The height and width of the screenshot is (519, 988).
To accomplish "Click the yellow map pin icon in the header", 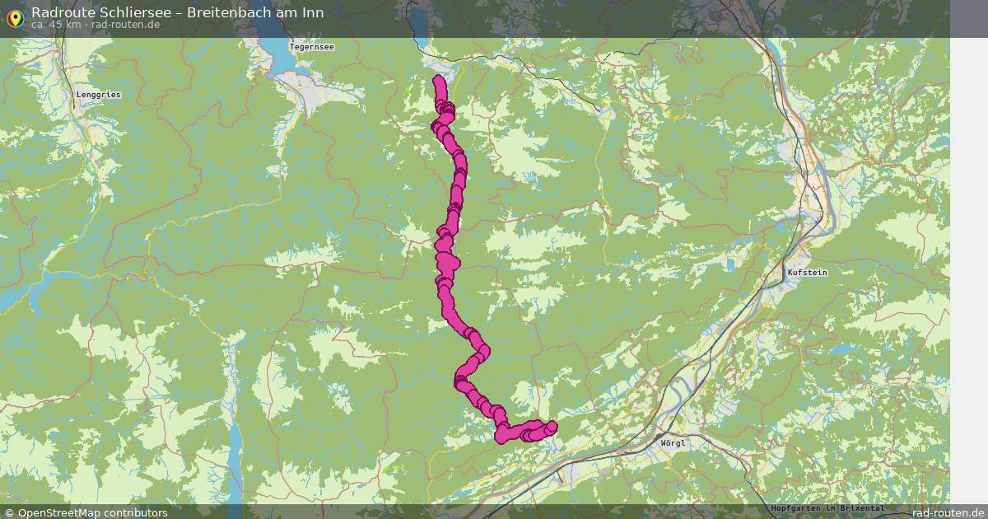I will coord(14,17).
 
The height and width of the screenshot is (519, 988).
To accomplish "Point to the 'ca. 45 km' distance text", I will coord(55,25).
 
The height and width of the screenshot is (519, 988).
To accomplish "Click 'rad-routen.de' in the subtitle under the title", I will coord(125,25).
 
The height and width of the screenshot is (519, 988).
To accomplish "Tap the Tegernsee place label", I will coord(312,47).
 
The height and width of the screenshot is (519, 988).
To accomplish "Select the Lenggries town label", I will coord(98,95).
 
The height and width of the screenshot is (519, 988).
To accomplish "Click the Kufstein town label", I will coord(807,272).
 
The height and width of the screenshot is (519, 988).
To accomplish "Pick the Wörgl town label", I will coord(673,442).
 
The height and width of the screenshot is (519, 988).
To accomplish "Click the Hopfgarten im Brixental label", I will coord(827,508).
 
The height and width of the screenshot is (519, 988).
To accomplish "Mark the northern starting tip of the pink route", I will coord(438,80).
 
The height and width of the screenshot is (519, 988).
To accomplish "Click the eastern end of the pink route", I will coord(551,426).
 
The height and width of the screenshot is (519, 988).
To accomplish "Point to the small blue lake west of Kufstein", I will coord(729,265).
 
